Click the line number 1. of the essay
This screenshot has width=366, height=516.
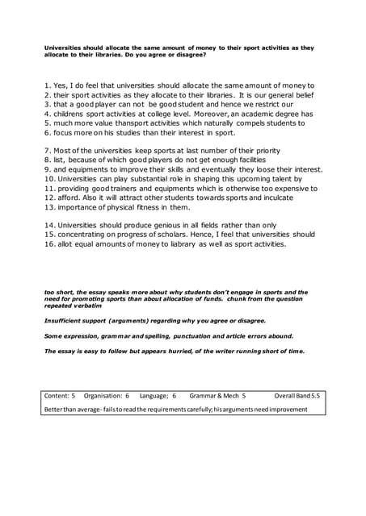pos(48,85)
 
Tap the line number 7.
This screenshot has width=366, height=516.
pos(48,151)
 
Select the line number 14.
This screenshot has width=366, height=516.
pos(50,225)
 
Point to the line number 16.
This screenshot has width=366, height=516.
pos(50,243)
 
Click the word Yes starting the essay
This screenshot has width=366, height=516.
pos(63,85)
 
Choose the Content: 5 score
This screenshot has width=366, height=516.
pos(60,397)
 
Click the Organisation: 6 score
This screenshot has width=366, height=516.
pos(107,397)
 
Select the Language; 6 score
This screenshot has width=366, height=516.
pos(158,397)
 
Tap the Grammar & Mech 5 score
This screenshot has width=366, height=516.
pos(217,397)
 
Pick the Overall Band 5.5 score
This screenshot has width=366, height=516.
pos(297,397)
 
